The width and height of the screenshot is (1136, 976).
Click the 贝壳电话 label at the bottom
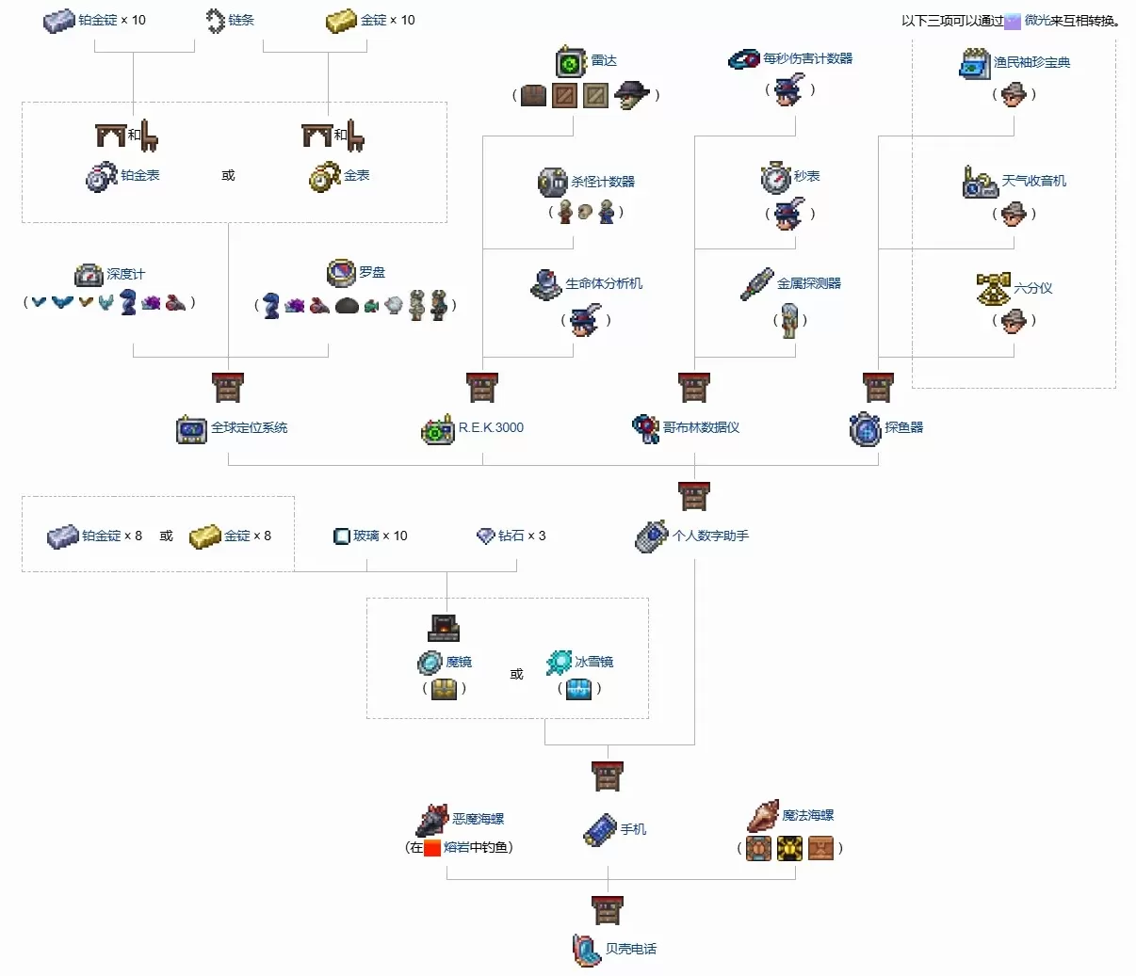click(630, 949)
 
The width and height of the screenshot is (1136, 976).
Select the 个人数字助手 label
click(710, 536)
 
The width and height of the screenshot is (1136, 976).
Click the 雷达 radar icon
click(571, 62)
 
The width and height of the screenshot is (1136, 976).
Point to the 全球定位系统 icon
click(191, 429)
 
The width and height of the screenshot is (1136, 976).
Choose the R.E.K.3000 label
click(491, 427)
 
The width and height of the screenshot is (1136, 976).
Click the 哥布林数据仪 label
click(701, 427)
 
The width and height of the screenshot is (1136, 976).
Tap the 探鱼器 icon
click(865, 429)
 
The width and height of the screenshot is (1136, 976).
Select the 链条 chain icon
click(216, 21)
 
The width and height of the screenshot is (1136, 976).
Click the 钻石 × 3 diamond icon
click(486, 536)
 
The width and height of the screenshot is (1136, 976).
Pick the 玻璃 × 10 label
click(381, 536)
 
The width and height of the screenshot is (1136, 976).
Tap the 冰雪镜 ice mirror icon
click(559, 663)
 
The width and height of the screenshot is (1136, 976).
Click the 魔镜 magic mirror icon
click(430, 663)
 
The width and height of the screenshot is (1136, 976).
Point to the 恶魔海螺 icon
click(432, 821)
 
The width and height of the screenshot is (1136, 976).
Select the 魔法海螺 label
click(807, 815)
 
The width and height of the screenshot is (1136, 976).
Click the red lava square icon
click(432, 847)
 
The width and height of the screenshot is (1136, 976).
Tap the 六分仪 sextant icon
click(993, 289)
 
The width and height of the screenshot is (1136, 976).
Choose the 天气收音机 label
click(1033, 181)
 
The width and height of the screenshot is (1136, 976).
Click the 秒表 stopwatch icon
click(775, 177)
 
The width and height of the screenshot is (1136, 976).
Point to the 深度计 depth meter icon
click(89, 275)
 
